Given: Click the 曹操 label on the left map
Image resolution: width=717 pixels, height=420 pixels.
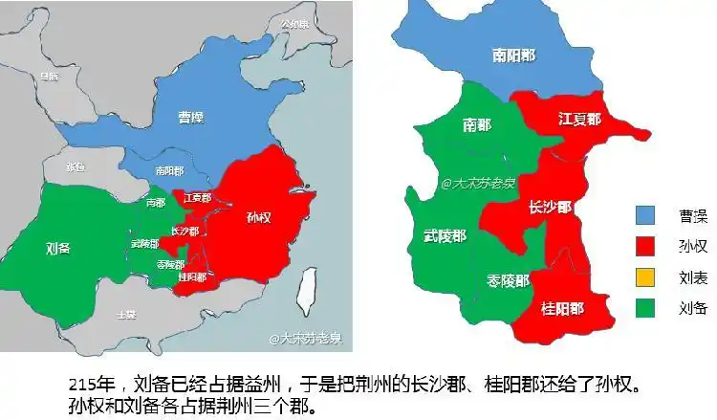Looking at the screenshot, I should coord(191,118).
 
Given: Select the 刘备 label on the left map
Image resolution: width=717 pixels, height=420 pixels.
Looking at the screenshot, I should coord(58,248).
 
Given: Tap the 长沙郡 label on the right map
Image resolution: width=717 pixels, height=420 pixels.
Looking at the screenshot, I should coord(551,207).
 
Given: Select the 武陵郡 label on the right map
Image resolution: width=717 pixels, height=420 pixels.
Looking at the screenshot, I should coord(445,235).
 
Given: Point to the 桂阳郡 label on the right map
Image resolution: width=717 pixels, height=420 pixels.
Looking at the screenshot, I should coord(562,309).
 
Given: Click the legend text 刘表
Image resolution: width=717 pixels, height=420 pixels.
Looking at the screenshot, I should coord(693,277).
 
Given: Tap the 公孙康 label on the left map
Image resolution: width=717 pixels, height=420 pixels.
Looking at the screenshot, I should coord(296,24).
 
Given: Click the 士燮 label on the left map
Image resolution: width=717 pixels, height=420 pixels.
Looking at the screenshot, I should coord(125,314).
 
